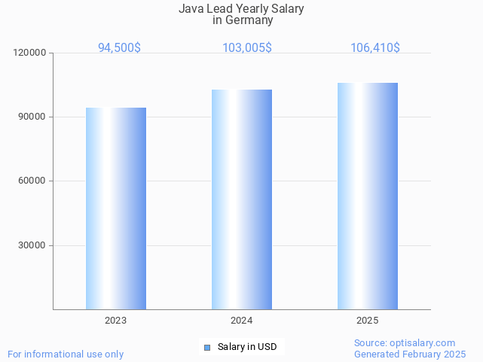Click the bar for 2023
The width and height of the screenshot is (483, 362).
(116, 208)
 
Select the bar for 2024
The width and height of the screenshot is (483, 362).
(242, 199)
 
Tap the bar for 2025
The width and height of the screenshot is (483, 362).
(368, 196)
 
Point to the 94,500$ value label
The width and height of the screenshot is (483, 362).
(119, 48)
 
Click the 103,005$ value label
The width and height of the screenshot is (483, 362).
(247, 48)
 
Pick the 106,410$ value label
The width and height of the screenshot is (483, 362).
(375, 48)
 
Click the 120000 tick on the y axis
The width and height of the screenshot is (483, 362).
(31, 53)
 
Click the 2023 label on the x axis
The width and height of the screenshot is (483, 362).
(116, 321)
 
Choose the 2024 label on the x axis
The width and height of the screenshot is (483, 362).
(242, 321)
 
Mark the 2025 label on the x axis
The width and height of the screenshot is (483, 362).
(368, 321)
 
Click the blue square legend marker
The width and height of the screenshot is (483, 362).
(207, 347)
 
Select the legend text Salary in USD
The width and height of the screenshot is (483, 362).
(246, 347)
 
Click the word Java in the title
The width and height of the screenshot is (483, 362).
(191, 9)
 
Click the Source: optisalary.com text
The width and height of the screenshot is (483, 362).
(405, 342)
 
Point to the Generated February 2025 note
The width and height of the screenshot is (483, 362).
(410, 354)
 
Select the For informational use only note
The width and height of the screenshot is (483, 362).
(66, 354)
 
